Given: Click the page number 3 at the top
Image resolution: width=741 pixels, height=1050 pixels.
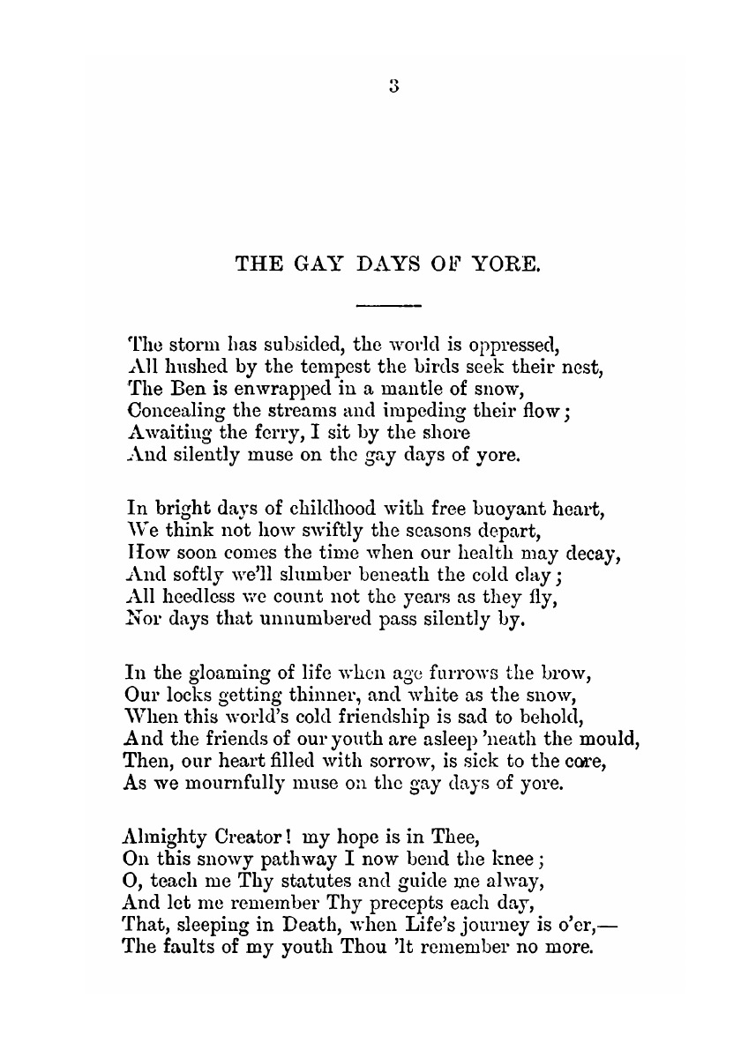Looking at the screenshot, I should [393, 86].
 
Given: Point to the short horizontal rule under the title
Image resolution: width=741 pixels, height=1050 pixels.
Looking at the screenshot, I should [388, 306].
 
